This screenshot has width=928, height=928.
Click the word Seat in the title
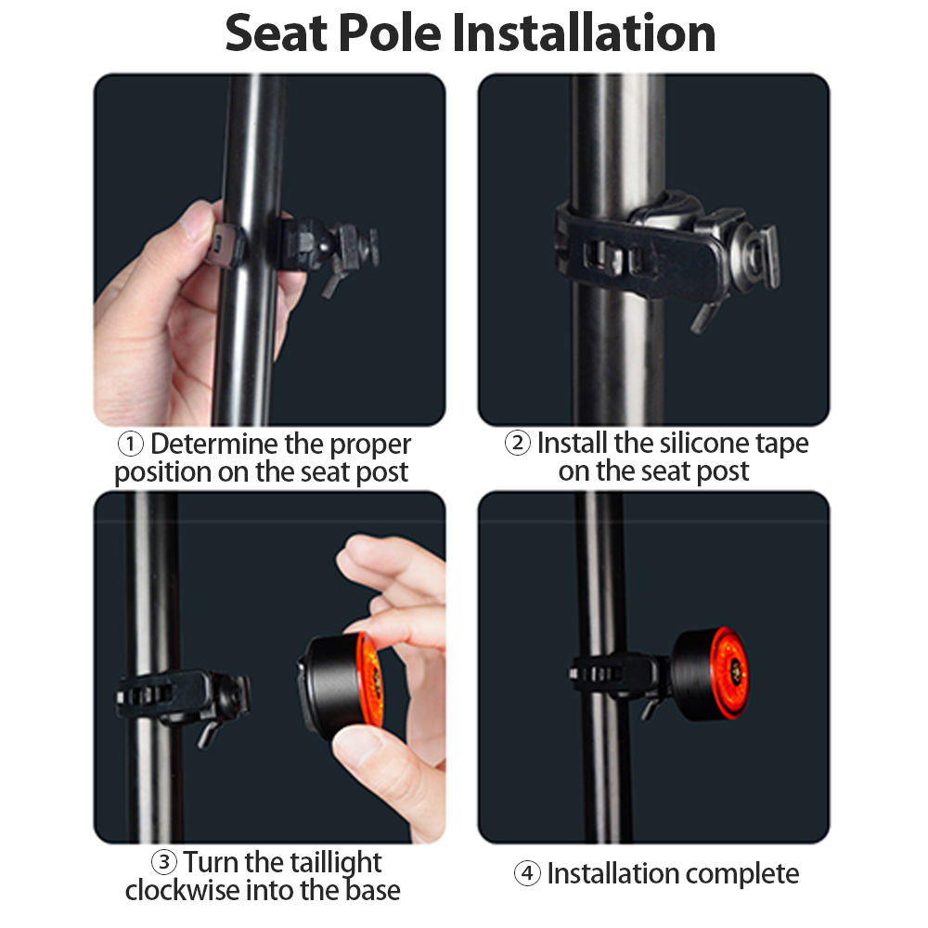click(277, 33)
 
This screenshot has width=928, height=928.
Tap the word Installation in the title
click(584, 33)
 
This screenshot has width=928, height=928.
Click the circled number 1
click(130, 444)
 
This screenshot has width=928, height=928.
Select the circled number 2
click(517, 443)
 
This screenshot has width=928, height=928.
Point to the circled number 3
click(164, 862)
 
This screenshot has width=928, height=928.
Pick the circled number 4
click(527, 873)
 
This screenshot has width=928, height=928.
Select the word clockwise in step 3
click(182, 890)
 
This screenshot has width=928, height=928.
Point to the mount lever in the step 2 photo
click(706, 316)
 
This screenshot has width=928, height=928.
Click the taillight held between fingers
click(342, 686)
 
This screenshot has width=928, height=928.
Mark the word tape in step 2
click(782, 444)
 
